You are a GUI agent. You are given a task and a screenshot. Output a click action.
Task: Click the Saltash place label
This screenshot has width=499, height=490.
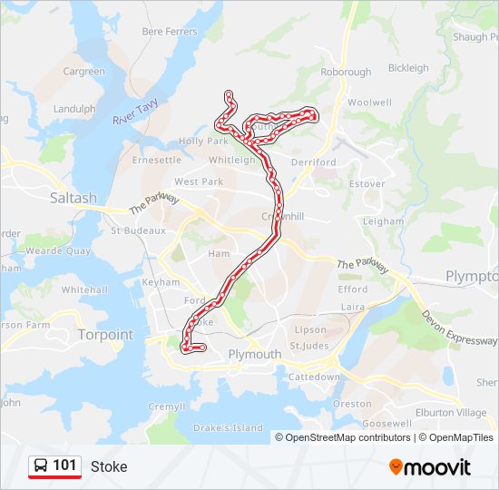(73, 198)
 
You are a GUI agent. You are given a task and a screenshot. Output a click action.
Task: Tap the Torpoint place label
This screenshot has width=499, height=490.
(105, 334)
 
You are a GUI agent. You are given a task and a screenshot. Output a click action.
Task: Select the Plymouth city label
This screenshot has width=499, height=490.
(255, 354)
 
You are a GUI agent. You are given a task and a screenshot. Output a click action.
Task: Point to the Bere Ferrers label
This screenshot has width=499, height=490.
(170, 32)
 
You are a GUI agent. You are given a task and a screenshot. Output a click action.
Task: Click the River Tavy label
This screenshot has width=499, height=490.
(136, 115)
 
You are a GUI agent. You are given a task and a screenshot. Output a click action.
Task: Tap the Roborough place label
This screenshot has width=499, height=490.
(346, 72)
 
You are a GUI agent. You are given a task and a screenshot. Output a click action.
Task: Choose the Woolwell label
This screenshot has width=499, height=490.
(369, 103)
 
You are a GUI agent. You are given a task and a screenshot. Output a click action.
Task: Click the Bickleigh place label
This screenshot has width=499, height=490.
(408, 68)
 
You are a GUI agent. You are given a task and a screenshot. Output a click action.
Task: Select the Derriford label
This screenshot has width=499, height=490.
(314, 162)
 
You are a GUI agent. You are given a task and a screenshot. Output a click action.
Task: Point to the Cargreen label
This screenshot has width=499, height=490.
(83, 72)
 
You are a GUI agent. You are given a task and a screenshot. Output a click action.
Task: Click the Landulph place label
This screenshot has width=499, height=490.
(74, 109)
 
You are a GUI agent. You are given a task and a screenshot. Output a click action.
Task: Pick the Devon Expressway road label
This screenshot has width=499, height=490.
(459, 327)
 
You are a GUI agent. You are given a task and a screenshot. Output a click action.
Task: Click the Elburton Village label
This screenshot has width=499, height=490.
(456, 413)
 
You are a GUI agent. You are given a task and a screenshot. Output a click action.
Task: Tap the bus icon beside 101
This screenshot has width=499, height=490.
(41, 465)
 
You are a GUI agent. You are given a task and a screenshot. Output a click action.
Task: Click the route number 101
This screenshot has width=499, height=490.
(64, 465)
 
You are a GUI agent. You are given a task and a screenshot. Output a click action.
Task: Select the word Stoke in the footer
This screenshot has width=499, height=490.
(109, 467)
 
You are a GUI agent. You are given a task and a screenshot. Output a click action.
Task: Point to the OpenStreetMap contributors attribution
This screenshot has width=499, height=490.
(347, 437)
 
